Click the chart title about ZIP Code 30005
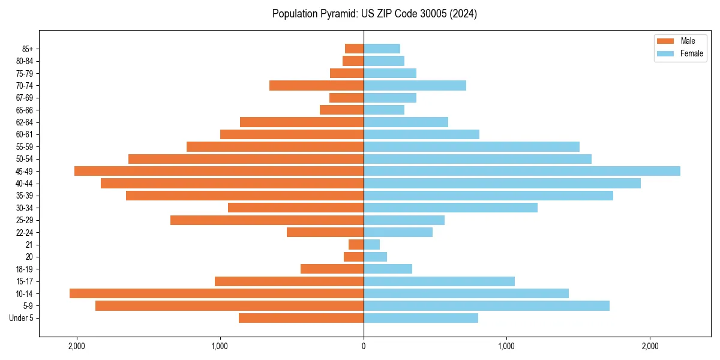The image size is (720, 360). (x=374, y=14)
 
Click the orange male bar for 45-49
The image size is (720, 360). (x=219, y=171)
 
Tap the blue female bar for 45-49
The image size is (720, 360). (x=522, y=171)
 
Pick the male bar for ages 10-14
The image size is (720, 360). (x=217, y=293)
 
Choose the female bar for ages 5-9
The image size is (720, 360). (x=487, y=305)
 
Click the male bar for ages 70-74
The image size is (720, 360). (x=317, y=85)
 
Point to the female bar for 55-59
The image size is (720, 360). (x=472, y=146)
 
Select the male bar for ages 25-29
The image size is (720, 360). (x=267, y=220)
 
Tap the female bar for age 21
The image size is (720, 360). (x=372, y=244)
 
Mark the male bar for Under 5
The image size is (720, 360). (x=301, y=318)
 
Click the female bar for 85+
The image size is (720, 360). (x=382, y=49)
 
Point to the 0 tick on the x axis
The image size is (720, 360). (x=364, y=346)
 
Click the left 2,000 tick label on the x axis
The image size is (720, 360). (x=77, y=346)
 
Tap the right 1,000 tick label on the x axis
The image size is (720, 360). (x=506, y=346)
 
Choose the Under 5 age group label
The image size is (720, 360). (x=22, y=318)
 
